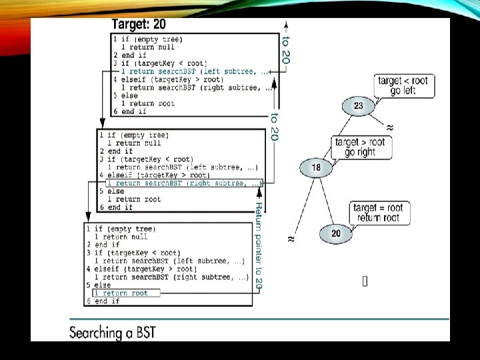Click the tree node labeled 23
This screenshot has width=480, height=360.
point(358,105)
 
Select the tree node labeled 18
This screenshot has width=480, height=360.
point(316,167)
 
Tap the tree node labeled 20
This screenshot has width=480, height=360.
point(335,233)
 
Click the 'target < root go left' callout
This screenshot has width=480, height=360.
point(403,85)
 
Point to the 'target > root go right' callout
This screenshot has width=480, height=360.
point(360,147)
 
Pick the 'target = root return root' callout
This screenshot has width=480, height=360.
point(378,213)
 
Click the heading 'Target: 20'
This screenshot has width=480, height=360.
point(139,25)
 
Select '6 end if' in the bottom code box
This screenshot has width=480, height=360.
point(103,301)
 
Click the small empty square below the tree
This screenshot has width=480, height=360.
point(365,281)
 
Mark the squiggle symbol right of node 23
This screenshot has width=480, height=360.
point(389,126)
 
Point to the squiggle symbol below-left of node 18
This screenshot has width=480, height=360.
point(291,238)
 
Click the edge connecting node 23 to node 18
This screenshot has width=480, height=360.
point(336,137)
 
